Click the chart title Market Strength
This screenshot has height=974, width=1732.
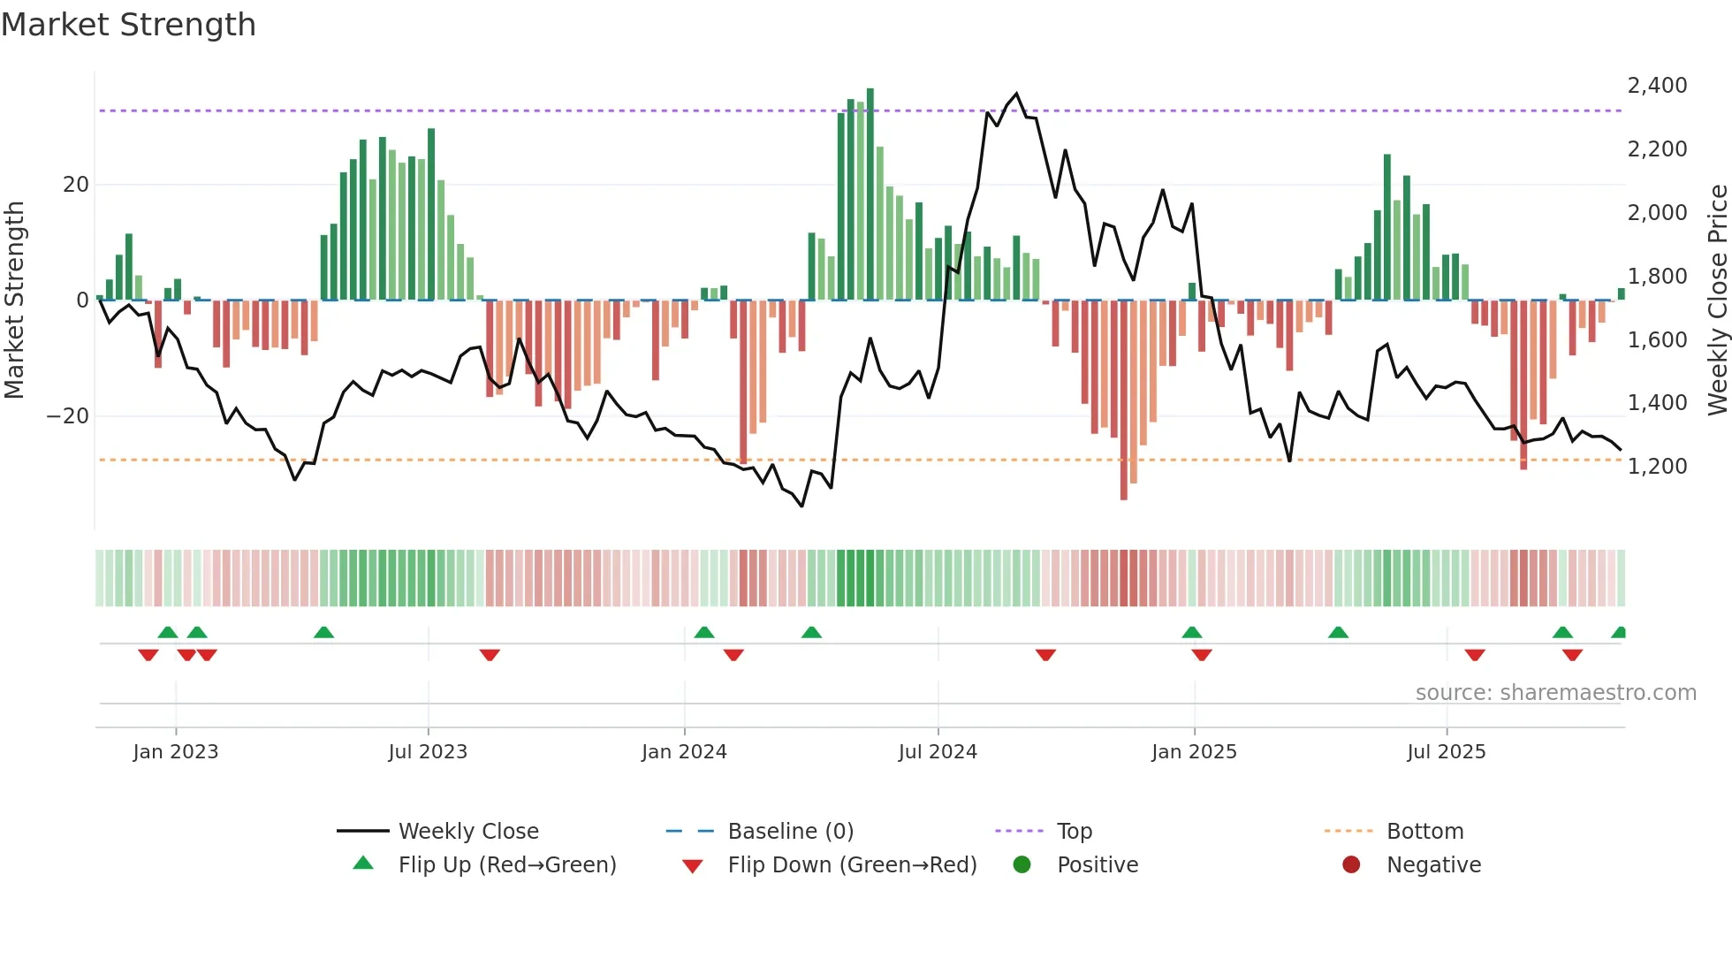[x=128, y=25]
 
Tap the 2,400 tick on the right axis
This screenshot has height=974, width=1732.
[x=1657, y=86]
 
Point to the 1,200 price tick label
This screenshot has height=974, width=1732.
[x=1657, y=467]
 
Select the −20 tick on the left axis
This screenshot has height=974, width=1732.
[x=68, y=416]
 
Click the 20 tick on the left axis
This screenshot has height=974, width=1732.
[x=76, y=185]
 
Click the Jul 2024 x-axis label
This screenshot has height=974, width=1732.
[x=938, y=752]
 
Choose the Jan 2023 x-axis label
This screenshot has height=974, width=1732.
[x=175, y=752]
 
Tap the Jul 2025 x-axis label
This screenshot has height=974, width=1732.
[x=1446, y=752]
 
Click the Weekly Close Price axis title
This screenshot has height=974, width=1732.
[x=1717, y=301]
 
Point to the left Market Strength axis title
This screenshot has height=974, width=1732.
[x=14, y=301]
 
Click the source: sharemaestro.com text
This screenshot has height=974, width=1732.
[x=1555, y=693]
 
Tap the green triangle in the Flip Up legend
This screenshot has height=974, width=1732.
[x=363, y=864]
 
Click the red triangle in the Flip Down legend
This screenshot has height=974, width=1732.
[x=693, y=866]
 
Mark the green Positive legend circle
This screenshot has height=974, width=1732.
[x=1022, y=865]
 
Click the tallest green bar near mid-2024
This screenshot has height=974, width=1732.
[x=870, y=194]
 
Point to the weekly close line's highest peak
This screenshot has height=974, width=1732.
[x=1016, y=94]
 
